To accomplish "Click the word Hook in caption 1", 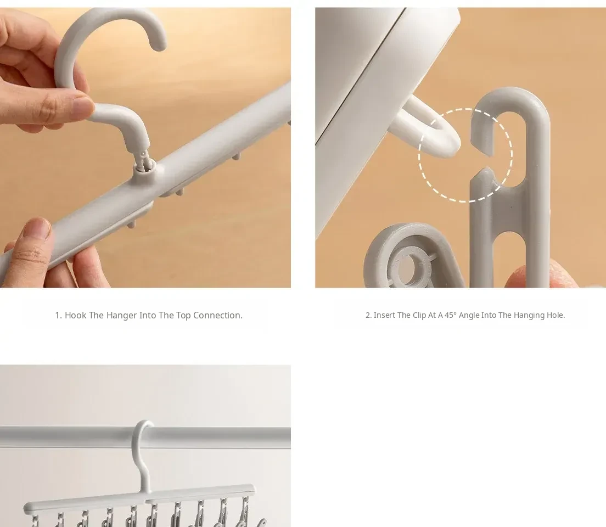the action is point(76,315).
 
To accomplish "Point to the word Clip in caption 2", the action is point(419,316).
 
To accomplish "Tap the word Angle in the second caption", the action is point(469,316).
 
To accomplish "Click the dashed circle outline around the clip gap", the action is point(419,155).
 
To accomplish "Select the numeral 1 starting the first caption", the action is point(58,315).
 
